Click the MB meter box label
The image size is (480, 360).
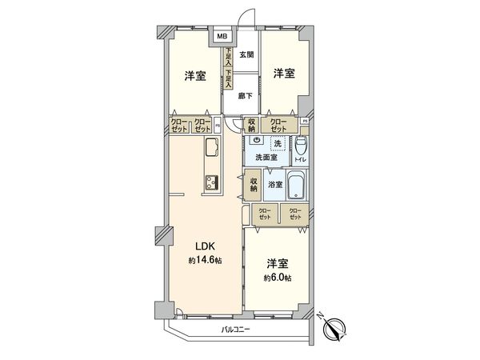[x=221, y=37]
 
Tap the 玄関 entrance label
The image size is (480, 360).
[x=246, y=54]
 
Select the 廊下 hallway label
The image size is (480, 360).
[x=246, y=95]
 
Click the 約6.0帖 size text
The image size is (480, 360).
[x=278, y=277]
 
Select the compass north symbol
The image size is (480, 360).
[x=332, y=326]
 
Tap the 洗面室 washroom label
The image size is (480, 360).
[x=266, y=158]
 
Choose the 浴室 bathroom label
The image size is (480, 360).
[x=274, y=185]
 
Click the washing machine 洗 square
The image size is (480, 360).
[x=277, y=143]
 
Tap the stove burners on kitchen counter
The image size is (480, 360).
[x=212, y=182]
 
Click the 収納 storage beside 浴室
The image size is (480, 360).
[x=253, y=185]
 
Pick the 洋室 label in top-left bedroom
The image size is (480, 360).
[x=195, y=77]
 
